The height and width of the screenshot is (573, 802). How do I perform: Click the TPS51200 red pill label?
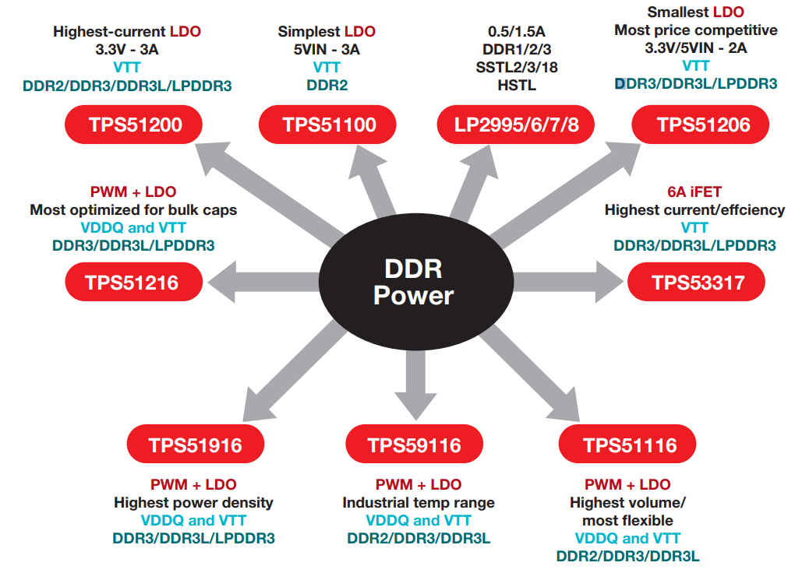click(x=133, y=125)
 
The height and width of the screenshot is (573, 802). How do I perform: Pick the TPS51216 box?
click(x=133, y=282)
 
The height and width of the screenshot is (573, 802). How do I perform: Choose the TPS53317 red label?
click(x=695, y=282)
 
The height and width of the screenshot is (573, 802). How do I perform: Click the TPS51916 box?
click(x=195, y=445)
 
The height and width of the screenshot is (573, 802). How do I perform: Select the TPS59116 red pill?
click(x=414, y=445)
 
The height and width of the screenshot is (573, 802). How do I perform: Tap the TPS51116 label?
click(x=628, y=445)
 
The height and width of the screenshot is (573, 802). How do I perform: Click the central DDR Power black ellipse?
click(x=413, y=282)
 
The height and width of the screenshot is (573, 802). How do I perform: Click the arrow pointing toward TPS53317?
click(x=569, y=282)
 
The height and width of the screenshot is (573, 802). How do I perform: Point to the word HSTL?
click(x=516, y=85)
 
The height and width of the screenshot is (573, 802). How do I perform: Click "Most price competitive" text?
click(x=696, y=30)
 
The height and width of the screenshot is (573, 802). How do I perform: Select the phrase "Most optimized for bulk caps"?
click(x=133, y=210)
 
